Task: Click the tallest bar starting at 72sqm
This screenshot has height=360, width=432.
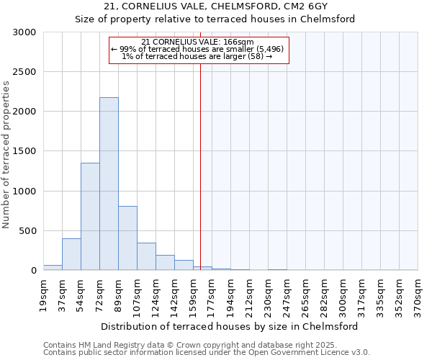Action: (x=109, y=184)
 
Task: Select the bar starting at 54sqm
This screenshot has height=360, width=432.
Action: (x=90, y=216)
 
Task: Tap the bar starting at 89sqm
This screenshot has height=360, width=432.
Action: (x=127, y=238)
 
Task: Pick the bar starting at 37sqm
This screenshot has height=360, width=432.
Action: (x=71, y=254)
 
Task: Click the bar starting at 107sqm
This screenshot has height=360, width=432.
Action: (x=146, y=256)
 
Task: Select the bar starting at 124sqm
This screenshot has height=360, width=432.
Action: (x=165, y=263)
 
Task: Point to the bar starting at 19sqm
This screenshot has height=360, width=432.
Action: (x=53, y=267)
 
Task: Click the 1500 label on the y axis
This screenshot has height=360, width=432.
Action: (x=24, y=152)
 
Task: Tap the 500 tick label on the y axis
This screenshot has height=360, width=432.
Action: (x=27, y=231)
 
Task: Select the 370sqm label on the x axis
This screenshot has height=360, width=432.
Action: (x=418, y=296)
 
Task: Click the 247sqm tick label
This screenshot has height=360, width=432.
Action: (x=287, y=296)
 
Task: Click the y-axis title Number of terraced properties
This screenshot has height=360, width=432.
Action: (x=6, y=155)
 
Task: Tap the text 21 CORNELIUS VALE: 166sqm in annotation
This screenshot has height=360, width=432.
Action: (x=198, y=42)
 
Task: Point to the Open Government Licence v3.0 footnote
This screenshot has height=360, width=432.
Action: (x=299, y=352)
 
